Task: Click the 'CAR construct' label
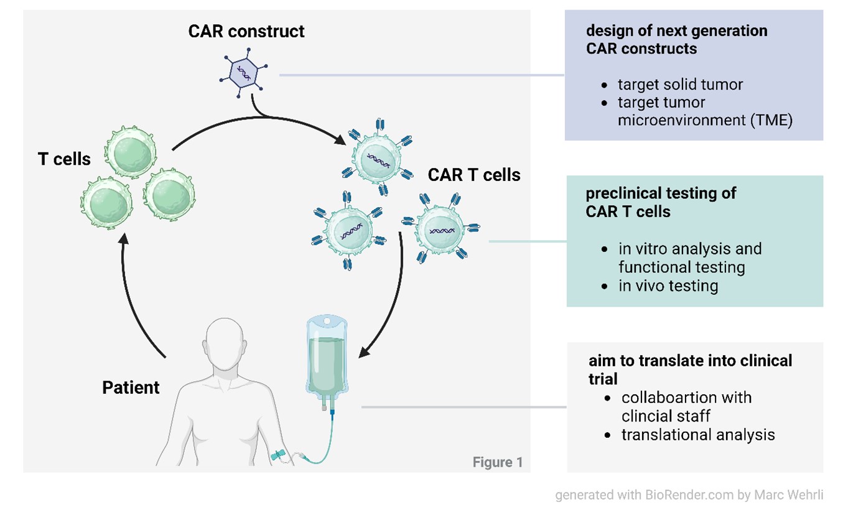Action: [246, 31]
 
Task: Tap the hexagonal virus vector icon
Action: [243, 73]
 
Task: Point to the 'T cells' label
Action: [64, 159]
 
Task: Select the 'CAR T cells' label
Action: [474, 175]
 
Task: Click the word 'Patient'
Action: [131, 387]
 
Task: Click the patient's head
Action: [225, 343]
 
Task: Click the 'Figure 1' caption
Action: [498, 462]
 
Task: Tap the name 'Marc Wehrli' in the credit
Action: [788, 494]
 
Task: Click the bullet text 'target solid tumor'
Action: [680, 84]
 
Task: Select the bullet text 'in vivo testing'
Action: [668, 286]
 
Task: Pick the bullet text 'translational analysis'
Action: [698, 435]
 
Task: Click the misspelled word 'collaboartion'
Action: [686, 397]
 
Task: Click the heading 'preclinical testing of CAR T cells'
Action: [661, 202]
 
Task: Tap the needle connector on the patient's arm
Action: [279, 455]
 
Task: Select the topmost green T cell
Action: [131, 152]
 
